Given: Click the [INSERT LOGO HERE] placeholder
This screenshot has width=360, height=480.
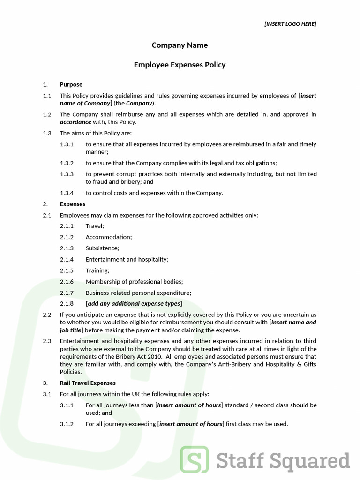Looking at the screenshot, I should [x=290, y=24].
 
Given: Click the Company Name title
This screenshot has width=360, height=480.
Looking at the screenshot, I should [x=180, y=45].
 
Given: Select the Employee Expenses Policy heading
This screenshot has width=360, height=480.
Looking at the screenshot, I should [x=180, y=65].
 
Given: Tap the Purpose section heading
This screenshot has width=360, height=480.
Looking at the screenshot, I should [x=71, y=85].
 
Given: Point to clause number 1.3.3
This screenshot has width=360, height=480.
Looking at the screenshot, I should [x=67, y=174].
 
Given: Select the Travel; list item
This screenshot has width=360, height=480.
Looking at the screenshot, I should [x=95, y=226].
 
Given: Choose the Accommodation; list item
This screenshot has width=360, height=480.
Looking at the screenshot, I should [x=109, y=237].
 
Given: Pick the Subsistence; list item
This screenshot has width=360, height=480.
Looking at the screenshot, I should [x=102, y=248].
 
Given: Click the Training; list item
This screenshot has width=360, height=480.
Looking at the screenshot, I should [x=97, y=270].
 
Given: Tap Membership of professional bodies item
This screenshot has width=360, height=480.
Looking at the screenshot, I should [x=134, y=282].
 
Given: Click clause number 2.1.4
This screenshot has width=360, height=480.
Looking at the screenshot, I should [x=67, y=259].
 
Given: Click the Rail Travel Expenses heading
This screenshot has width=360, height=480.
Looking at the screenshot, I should [x=88, y=383].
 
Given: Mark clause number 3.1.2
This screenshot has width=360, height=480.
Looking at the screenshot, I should [x=67, y=424].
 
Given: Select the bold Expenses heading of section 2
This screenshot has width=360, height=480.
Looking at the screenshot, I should [x=73, y=204].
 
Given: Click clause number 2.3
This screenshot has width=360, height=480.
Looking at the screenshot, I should [x=47, y=341].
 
